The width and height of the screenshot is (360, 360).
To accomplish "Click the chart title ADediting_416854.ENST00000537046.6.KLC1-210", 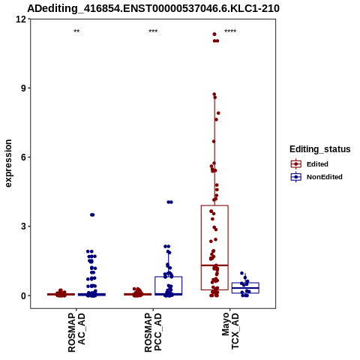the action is coord(153,8).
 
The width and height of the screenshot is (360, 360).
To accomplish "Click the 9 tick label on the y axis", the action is coord(24,88).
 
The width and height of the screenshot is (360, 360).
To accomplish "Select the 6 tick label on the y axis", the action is coord(24,157).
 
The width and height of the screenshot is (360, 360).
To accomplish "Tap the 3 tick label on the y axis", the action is coord(24,226).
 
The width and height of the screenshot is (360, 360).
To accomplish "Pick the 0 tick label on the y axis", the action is coord(24,295).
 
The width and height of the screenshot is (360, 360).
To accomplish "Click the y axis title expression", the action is coord(8,163).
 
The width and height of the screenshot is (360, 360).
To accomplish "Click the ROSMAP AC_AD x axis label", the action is coord(76,332).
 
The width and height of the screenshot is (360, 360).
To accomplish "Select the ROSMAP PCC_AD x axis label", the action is coord(153,332).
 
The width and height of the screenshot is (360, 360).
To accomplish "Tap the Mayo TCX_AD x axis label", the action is coord(230,331).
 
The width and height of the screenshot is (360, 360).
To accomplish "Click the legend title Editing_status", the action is coord(320,149).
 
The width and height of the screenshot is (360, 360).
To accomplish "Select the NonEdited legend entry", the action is coord(316,177).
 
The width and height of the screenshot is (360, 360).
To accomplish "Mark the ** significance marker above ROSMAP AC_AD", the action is coord(76,31).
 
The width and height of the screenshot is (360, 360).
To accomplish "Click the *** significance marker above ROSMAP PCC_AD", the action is coord(153,31).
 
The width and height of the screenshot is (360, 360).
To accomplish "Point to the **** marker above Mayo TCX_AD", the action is coord(230,31).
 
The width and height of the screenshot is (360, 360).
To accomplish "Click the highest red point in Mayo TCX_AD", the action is coord(214,34).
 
